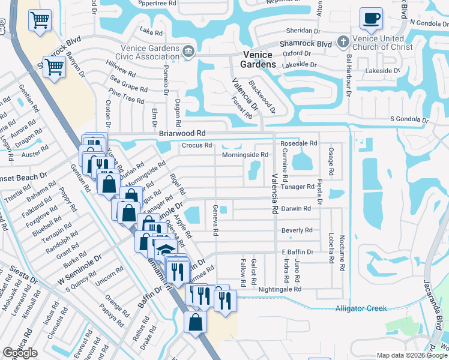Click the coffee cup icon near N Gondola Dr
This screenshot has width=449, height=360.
click(x=370, y=18)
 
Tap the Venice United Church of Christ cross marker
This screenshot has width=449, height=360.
click(x=343, y=42)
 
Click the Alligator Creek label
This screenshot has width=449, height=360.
click(x=361, y=308)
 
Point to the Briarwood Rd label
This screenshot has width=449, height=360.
click(x=182, y=133)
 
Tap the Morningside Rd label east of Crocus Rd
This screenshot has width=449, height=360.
click(x=245, y=155)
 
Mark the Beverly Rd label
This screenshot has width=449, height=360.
click(x=297, y=230)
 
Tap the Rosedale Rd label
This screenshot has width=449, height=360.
click(x=298, y=143)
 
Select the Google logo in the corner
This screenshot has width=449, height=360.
click(x=20, y=353)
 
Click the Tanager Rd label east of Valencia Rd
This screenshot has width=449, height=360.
click(x=298, y=187)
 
